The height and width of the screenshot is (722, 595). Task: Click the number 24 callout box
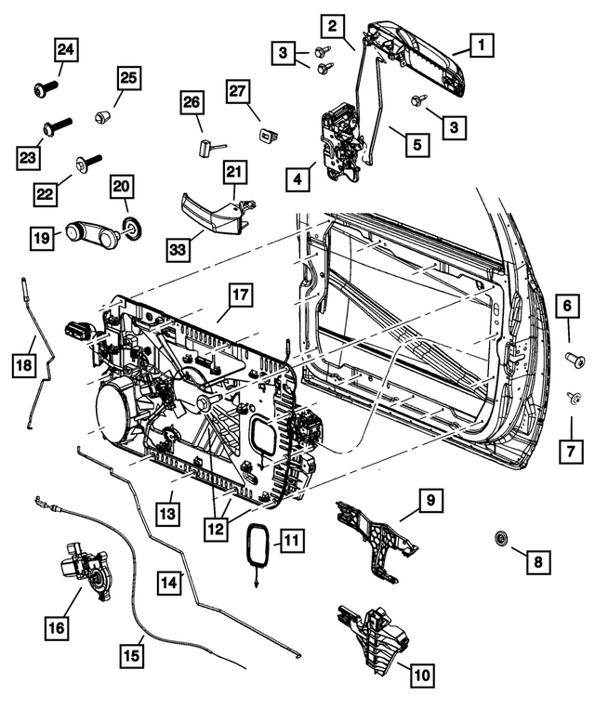pos(66,49)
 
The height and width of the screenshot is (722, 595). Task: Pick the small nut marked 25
pos(102,116)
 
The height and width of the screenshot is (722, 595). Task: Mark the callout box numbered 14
pos(169,584)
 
